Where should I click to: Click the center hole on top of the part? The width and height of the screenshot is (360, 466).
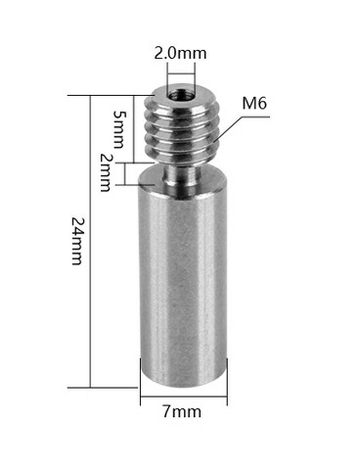pyautogui.click(x=178, y=96)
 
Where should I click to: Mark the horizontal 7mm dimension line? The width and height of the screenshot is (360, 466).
pyautogui.click(x=185, y=398)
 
